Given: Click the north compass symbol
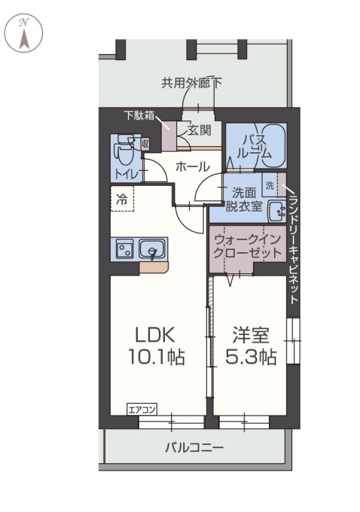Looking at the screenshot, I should (24, 33).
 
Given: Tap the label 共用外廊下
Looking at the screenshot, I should (191, 83).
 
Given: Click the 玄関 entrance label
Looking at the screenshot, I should (200, 130).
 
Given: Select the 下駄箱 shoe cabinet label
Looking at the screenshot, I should (139, 115).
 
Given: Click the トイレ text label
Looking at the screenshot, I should (127, 174).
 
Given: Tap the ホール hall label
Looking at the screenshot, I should (193, 166).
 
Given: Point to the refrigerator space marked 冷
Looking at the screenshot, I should (122, 200).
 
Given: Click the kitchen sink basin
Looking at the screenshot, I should (153, 249).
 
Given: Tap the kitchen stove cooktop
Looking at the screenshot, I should (124, 248).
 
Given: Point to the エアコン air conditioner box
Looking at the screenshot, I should (142, 410).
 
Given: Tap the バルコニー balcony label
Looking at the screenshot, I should (194, 447).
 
